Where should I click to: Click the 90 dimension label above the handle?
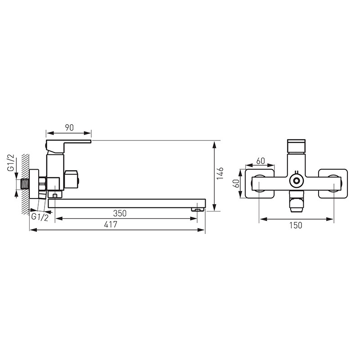[x=69, y=127]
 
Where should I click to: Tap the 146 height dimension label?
[x=220, y=174]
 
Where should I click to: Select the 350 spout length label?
[x=120, y=213]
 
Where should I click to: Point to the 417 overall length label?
[x=110, y=224]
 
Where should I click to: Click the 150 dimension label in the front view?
[x=296, y=225]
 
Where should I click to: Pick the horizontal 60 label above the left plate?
[x=261, y=161]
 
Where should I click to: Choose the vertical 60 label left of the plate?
[x=236, y=183]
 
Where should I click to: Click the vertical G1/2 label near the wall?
[x=11, y=163]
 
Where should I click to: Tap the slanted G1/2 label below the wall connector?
[x=40, y=217]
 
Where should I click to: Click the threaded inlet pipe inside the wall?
[x=25, y=184]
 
